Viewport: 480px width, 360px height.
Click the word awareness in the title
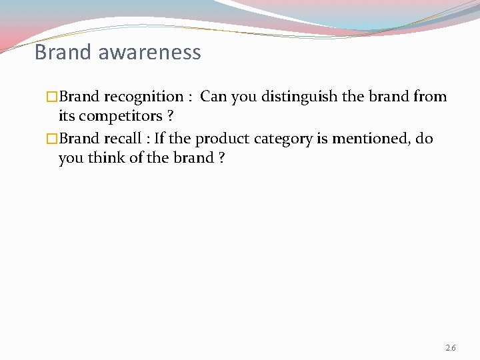(x=149, y=52)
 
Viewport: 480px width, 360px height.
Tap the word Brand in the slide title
(x=63, y=52)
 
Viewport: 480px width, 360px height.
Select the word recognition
(x=143, y=97)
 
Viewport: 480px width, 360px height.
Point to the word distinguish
(x=299, y=97)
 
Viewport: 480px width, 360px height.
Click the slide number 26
(x=450, y=348)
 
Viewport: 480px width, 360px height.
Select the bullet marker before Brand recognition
(x=53, y=97)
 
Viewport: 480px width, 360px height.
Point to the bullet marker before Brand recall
(x=53, y=139)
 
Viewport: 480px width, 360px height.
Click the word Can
(x=213, y=97)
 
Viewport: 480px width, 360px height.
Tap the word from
(x=430, y=97)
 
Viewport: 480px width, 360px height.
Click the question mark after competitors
(x=171, y=117)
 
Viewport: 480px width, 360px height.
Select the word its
(x=67, y=117)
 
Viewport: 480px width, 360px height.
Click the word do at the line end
(x=424, y=139)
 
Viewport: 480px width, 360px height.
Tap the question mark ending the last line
(x=220, y=159)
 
